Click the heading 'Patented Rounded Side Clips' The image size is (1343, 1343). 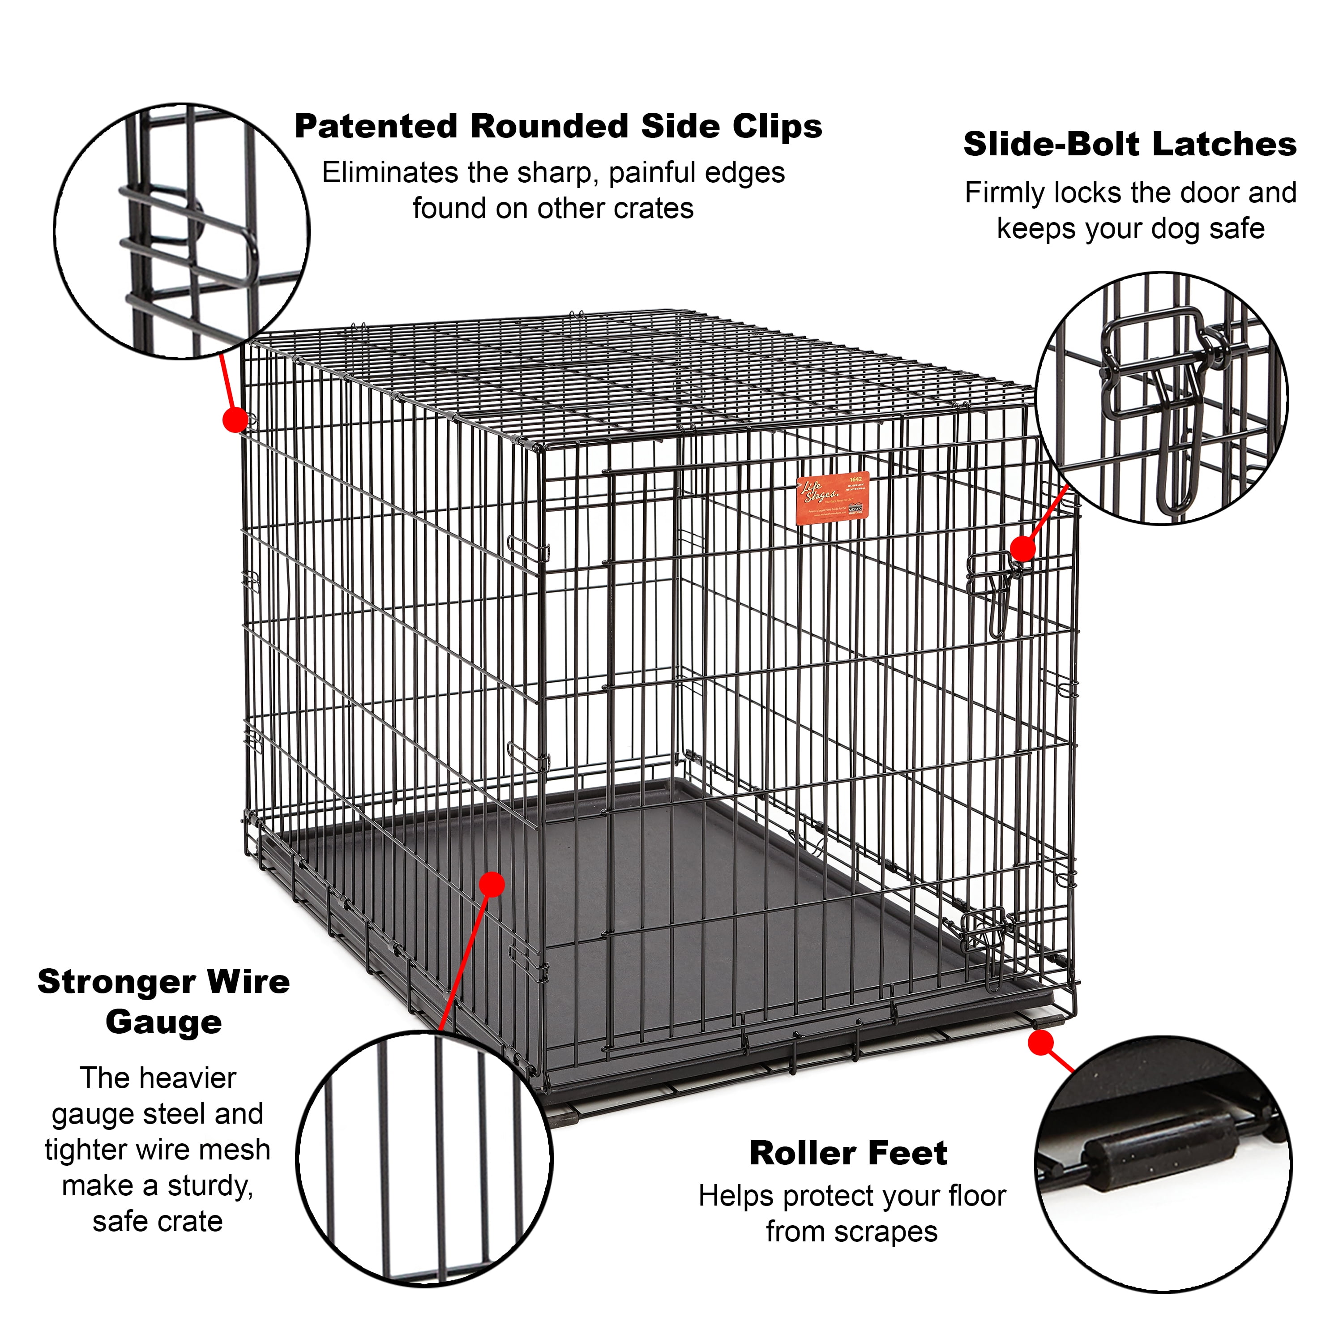[x=558, y=127]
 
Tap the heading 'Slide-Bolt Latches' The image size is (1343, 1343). [x=1129, y=145]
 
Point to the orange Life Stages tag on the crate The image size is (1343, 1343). [x=832, y=498]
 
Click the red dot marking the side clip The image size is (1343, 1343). [x=235, y=420]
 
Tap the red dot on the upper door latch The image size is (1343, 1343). [x=1022, y=548]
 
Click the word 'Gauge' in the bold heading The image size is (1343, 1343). [x=164, y=1022]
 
